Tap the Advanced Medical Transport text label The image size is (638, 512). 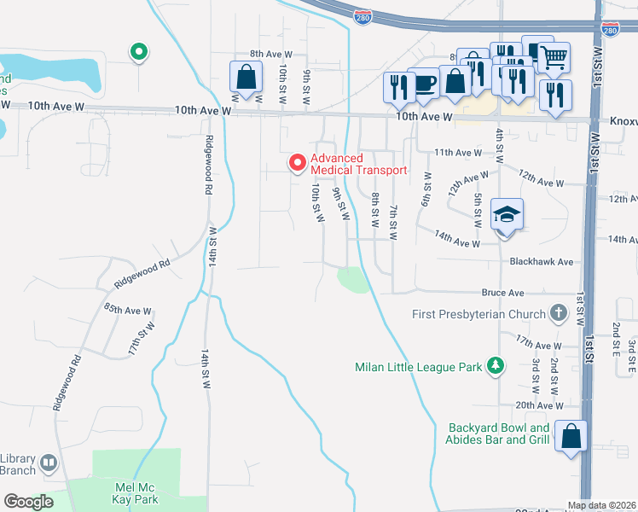click(358, 164)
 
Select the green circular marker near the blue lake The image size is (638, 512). click(138, 53)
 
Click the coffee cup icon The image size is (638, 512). click(423, 84)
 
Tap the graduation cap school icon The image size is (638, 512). click(507, 215)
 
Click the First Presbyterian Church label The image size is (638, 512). click(478, 314)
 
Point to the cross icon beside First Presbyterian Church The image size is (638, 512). click(559, 313)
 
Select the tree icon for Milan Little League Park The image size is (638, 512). click(494, 367)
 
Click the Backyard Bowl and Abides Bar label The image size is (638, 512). click(499, 434)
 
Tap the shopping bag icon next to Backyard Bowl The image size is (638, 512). click(571, 436)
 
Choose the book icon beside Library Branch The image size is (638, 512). click(49, 463)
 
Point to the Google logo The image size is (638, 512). click(28, 502)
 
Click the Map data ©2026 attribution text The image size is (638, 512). click(601, 505)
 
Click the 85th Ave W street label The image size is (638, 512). click(128, 311)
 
